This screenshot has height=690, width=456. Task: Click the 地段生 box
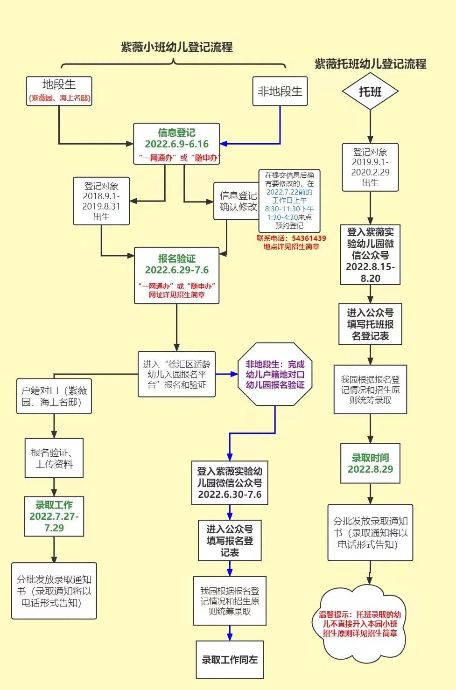pyautogui.click(x=59, y=91)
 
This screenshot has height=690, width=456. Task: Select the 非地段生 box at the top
pyautogui.click(x=280, y=91)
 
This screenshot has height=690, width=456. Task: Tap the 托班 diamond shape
pyautogui.click(x=370, y=91)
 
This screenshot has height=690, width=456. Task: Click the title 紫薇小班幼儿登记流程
pyautogui.click(x=176, y=47)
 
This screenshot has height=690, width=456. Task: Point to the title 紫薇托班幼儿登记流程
pyautogui.click(x=370, y=64)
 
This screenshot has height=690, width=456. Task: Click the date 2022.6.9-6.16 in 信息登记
pyautogui.click(x=176, y=144)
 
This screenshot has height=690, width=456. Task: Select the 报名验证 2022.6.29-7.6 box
pyautogui.click(x=176, y=275)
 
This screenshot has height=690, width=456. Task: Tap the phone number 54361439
pyautogui.click(x=309, y=238)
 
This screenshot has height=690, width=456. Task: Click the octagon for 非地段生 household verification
pyautogui.click(x=275, y=374)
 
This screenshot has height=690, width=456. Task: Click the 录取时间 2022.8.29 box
pyautogui.click(x=370, y=464)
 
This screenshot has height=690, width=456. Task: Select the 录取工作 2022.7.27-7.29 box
pyautogui.click(x=54, y=516)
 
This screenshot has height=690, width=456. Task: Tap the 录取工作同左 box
pyautogui.click(x=230, y=660)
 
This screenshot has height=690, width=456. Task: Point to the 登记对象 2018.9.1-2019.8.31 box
pyautogui.click(x=101, y=201)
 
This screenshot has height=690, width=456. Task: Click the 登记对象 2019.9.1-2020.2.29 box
pyautogui.click(x=370, y=167)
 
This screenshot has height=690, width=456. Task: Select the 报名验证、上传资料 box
pyautogui.click(x=54, y=458)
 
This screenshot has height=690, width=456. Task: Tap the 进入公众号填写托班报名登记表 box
pyautogui.click(x=370, y=324)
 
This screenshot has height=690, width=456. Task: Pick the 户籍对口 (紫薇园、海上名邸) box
pyautogui.click(x=54, y=396)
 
